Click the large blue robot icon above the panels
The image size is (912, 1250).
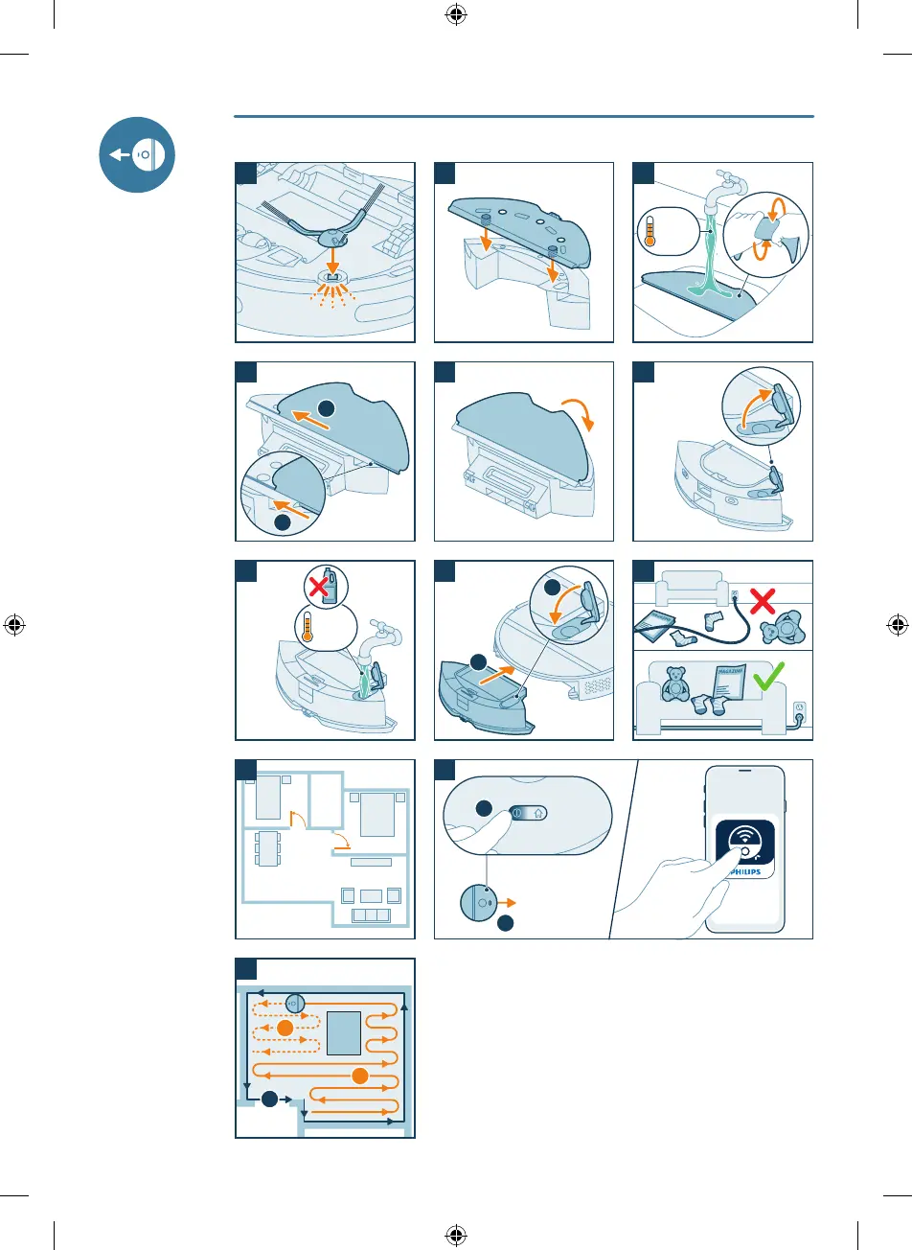[137, 154]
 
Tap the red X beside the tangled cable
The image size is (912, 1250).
[763, 601]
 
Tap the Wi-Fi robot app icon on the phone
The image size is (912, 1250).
[745, 842]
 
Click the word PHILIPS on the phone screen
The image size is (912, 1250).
[745, 871]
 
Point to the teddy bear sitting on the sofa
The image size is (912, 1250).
[678, 690]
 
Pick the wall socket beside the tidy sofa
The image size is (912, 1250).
[801, 712]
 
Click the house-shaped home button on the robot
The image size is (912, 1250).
[538, 811]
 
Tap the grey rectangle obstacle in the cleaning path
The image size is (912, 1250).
[344, 1032]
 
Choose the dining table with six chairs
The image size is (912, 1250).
[267, 847]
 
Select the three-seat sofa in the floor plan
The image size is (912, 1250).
[371, 915]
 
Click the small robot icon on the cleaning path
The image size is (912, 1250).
[295, 1004]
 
